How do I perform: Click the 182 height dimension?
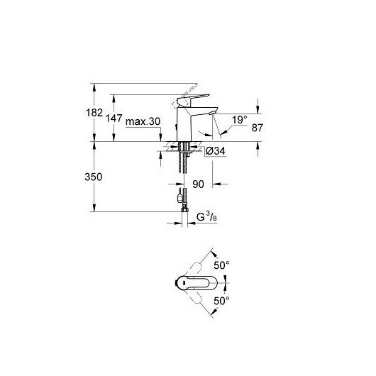(x=94, y=113)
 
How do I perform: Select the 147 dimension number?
(x=114, y=118)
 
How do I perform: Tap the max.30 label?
(x=143, y=121)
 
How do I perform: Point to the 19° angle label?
(x=240, y=120)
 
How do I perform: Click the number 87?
(x=258, y=128)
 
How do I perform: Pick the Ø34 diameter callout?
(x=216, y=151)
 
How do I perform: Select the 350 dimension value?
(x=93, y=177)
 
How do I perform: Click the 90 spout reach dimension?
(x=198, y=184)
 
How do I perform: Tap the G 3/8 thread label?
(x=206, y=217)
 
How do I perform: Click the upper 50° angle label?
(x=221, y=265)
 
